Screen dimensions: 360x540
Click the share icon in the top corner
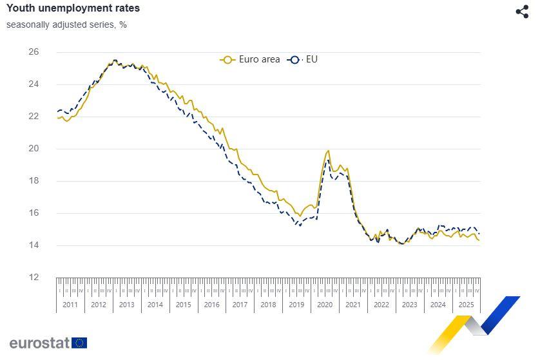point(522,12)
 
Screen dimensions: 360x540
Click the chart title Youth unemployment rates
point(73,8)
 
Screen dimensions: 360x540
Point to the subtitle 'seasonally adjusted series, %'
point(66,24)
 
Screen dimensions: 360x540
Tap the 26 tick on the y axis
point(34,52)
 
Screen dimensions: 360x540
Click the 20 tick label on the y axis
point(34,148)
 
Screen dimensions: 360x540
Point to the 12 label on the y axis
point(34,277)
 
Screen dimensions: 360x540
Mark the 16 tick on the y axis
point(34,213)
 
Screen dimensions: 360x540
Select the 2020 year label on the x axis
point(325,305)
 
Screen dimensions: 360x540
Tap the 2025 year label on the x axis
point(466,305)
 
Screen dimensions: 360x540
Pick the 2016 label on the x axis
point(211,305)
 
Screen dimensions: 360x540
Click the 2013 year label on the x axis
point(126,305)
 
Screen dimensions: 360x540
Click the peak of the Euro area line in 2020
point(328,151)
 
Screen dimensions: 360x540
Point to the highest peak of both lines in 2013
point(115,60)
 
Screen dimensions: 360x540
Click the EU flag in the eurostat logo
point(80,343)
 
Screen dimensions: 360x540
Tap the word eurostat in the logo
point(39,343)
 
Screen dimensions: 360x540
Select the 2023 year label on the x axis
point(409,305)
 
